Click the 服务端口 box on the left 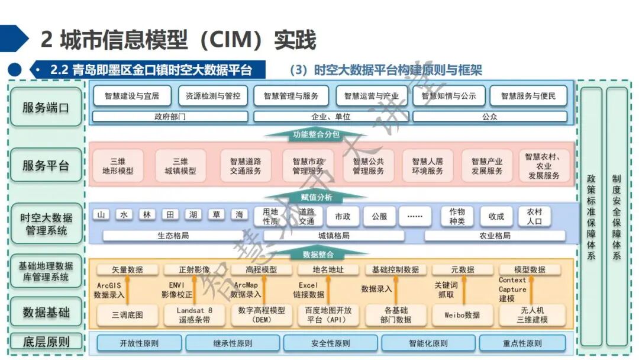pyautogui.click(x=46, y=107)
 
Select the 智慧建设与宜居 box pyautogui.click(x=131, y=96)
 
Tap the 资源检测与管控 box pyautogui.click(x=212, y=96)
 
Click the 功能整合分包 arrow pyautogui.click(x=316, y=135)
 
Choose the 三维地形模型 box pyautogui.click(x=118, y=166)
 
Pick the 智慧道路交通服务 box pyautogui.click(x=246, y=166)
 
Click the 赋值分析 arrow pyautogui.click(x=316, y=197)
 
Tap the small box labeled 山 pyautogui.click(x=101, y=215)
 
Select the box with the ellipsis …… pyautogui.click(x=415, y=217)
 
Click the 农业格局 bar pyautogui.click(x=494, y=236)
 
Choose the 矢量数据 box pyautogui.click(x=127, y=270)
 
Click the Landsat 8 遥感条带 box pyautogui.click(x=194, y=315)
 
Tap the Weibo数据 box pyautogui.click(x=462, y=315)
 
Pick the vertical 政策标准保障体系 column pyautogui.click(x=591, y=217)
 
